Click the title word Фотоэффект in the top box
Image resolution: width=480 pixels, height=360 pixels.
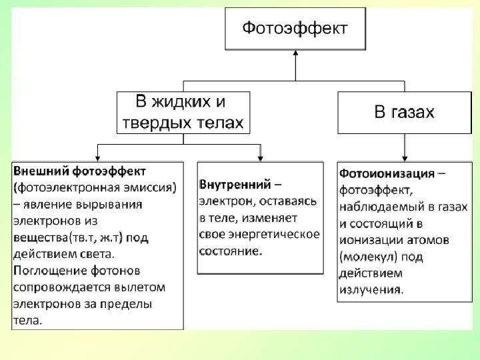click(295, 29)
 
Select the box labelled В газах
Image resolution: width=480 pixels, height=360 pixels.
click(405, 113)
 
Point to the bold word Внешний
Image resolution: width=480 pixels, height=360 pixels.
click(41, 171)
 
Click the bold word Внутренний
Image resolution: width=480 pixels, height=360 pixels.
click(235, 184)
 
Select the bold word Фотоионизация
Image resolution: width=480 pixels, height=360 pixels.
click(387, 173)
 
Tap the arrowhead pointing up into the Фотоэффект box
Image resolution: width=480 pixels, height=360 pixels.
click(295, 53)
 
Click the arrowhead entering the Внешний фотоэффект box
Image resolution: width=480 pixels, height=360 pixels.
click(97, 159)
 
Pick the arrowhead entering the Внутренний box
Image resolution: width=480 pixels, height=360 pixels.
click(260, 159)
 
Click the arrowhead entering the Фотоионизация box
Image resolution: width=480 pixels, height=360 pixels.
click(405, 159)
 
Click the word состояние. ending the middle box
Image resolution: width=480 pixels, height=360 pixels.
click(231, 251)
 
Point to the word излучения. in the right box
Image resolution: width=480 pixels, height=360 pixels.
click(371, 289)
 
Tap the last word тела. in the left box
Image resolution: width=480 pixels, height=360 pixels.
click(27, 321)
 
